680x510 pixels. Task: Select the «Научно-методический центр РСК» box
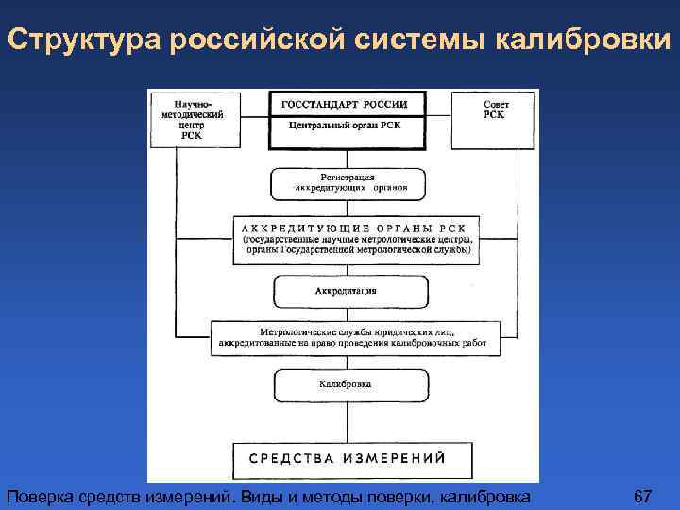[x=193, y=119]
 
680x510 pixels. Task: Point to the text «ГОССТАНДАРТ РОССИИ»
[x=346, y=104]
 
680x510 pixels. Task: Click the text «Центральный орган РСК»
[x=346, y=126]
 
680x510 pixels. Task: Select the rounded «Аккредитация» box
[x=347, y=291]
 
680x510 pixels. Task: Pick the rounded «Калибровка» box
[x=346, y=384]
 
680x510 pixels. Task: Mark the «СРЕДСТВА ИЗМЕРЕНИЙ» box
[x=348, y=458]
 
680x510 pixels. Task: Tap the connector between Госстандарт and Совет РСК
[x=439, y=118]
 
